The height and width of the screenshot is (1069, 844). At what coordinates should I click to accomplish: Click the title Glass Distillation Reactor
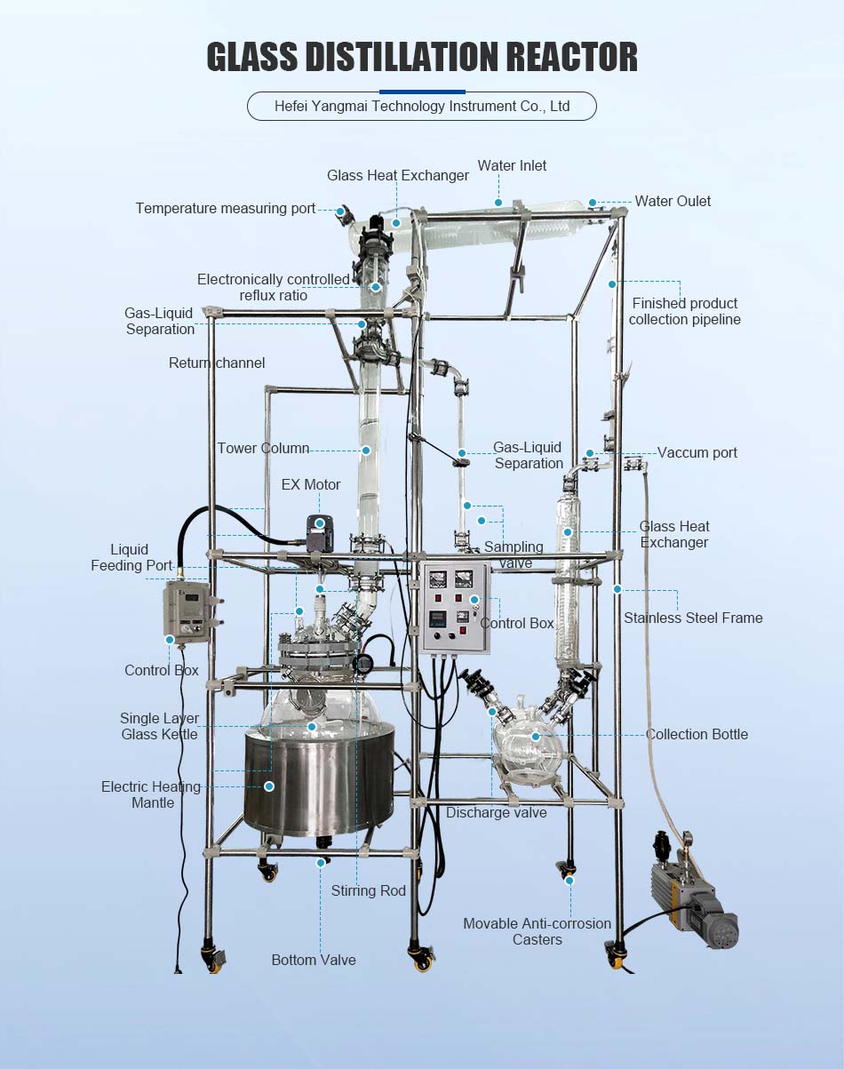tap(422, 57)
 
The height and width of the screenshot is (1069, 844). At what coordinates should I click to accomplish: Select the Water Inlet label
tap(512, 165)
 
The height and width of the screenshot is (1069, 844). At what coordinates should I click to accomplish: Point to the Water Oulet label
tap(673, 201)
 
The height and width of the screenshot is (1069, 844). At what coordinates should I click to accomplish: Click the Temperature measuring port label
tap(226, 208)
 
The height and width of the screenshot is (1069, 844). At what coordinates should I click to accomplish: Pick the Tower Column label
tap(263, 448)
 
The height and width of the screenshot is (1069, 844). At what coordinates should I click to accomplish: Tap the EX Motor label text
tap(311, 484)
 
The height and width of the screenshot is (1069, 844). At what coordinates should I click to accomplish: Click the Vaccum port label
tap(697, 452)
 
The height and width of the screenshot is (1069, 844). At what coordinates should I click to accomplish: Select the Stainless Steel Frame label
tap(693, 618)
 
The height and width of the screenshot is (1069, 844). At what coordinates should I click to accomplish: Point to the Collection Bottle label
tap(697, 734)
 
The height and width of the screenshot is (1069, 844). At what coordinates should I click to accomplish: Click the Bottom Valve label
tap(314, 960)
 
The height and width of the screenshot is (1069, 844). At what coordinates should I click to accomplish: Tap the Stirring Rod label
tap(368, 890)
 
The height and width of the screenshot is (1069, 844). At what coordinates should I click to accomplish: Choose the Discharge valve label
tap(497, 812)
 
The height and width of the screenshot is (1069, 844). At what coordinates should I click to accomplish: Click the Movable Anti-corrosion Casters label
tap(537, 931)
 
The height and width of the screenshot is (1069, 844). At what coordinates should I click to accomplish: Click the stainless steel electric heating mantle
tap(320, 780)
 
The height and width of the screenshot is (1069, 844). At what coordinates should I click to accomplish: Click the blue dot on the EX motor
tap(320, 523)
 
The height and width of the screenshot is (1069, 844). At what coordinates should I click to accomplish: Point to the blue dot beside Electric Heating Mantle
tap(269, 786)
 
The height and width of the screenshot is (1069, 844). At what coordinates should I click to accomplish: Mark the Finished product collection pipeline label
tap(685, 311)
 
